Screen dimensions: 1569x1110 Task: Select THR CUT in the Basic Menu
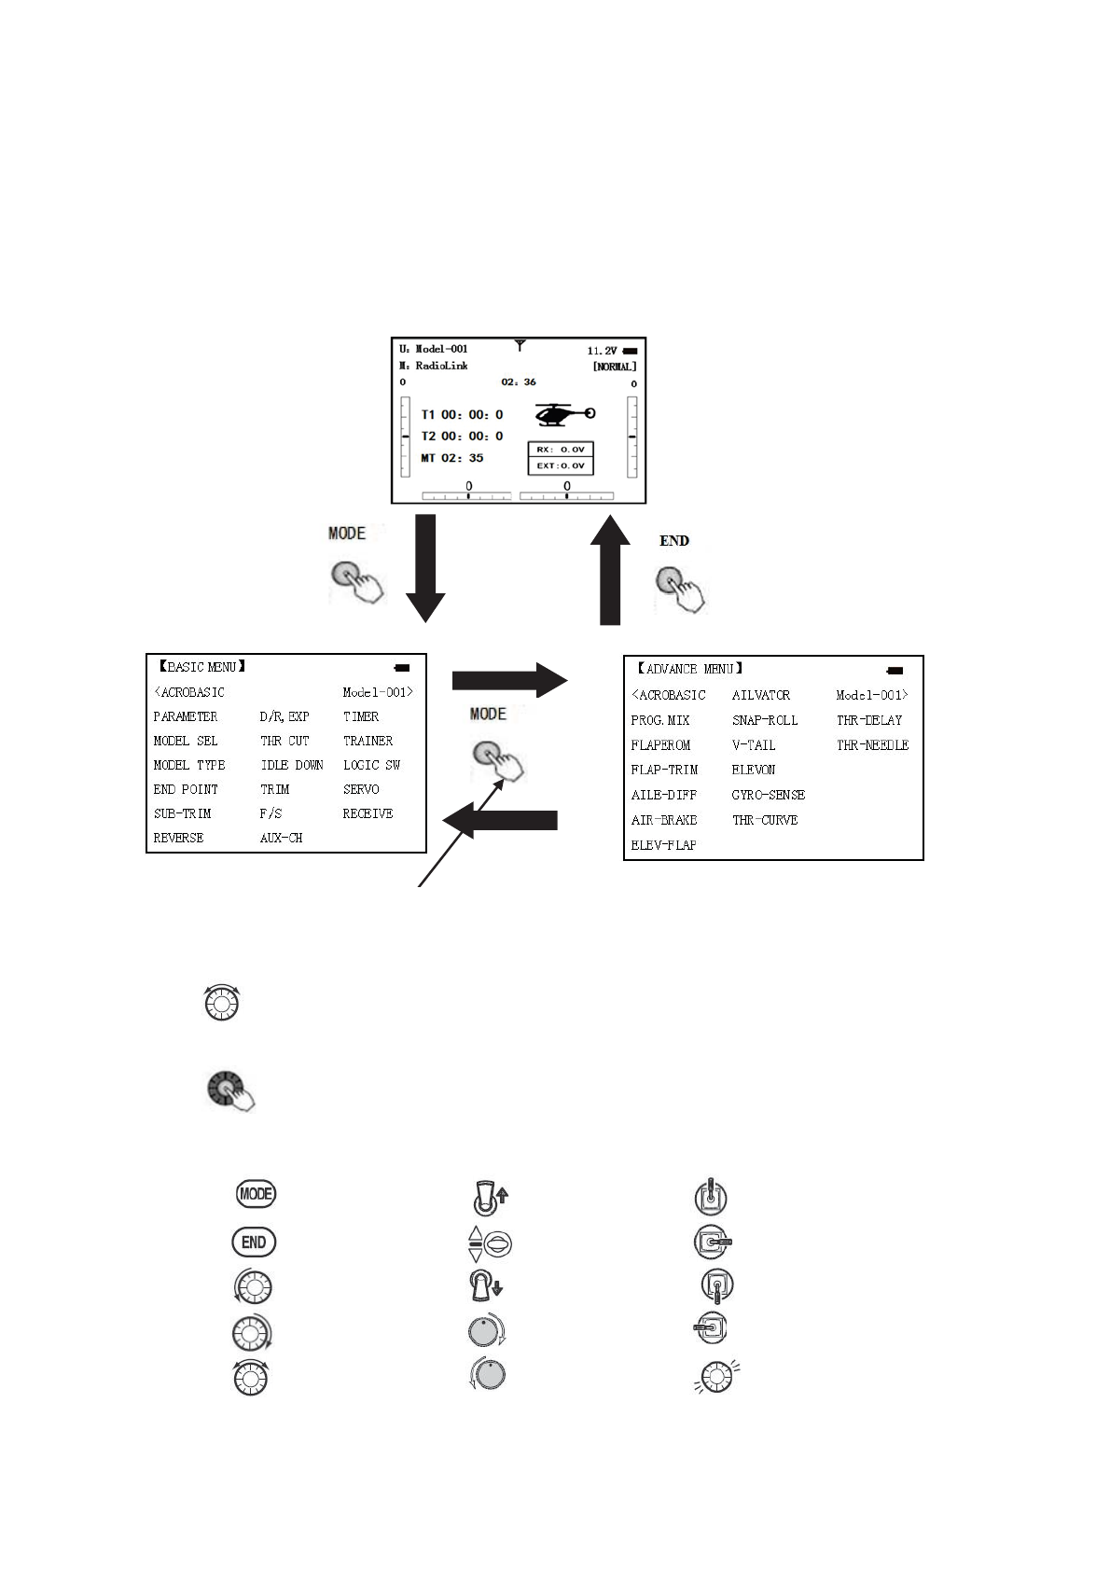[284, 741]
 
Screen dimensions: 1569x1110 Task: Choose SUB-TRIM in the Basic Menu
[183, 813]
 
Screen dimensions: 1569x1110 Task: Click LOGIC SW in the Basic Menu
[371, 765]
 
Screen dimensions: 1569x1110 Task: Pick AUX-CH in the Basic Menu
[281, 838]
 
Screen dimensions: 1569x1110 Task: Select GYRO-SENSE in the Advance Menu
[768, 795]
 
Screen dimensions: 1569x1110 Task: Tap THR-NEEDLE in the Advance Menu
[872, 745]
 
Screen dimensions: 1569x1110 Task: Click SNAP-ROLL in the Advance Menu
[765, 720]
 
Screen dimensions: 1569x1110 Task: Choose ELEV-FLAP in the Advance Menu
[663, 845]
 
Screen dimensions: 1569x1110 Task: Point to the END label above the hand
[674, 541]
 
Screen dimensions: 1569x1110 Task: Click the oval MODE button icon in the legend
[256, 1194]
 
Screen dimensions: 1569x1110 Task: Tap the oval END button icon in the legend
[254, 1242]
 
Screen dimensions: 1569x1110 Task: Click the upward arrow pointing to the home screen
[609, 568]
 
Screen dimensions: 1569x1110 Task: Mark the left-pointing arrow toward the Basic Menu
[500, 820]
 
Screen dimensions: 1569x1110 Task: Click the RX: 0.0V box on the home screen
[561, 450]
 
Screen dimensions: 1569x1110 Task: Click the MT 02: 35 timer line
[452, 458]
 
